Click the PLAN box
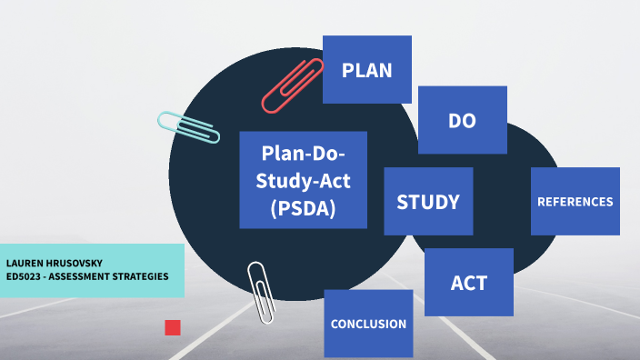367,69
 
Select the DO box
462,120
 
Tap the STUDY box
428,202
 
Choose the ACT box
469,282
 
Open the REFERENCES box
575,202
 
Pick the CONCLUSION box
368,324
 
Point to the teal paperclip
188,127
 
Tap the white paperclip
261,292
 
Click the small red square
173,327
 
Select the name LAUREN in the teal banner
26,263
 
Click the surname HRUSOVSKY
76,263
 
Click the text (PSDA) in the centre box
303,208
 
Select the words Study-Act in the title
303,180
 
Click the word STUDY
428,202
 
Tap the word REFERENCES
575,202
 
